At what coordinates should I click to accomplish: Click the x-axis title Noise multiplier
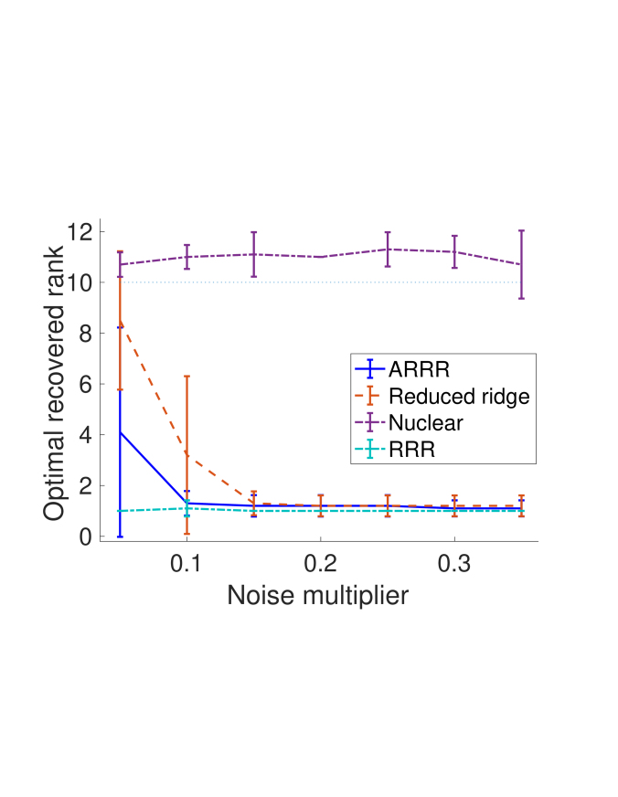317,595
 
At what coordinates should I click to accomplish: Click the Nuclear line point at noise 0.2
321,257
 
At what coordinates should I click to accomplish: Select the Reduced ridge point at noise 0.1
186,454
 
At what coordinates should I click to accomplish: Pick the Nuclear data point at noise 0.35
521,265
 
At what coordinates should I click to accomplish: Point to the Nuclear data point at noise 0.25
388,250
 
